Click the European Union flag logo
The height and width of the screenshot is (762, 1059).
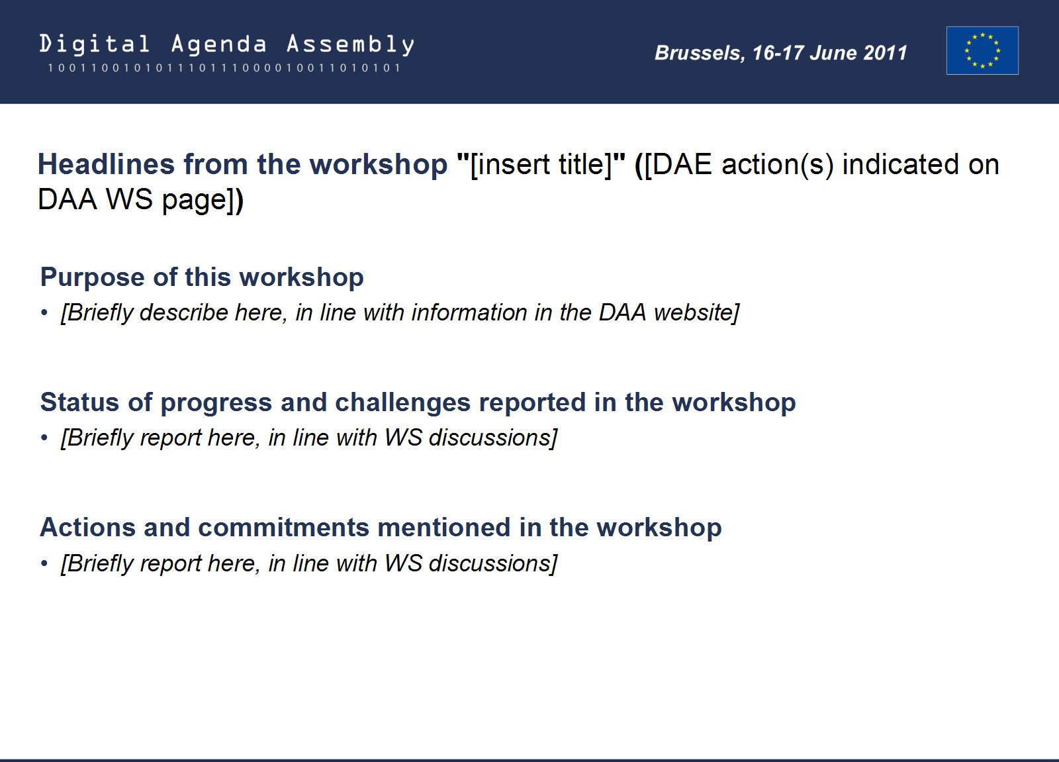click(982, 50)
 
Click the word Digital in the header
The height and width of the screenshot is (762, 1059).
click(95, 44)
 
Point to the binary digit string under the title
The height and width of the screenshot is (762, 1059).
click(224, 68)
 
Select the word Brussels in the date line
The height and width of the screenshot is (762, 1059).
click(700, 53)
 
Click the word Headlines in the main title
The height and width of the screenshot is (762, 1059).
click(106, 164)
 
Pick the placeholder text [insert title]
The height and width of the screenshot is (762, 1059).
click(541, 165)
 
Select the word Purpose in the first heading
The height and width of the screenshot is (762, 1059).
click(93, 277)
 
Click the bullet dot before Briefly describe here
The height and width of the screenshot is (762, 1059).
click(44, 312)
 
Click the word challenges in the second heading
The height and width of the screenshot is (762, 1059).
click(403, 403)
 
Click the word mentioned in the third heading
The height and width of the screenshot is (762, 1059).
click(444, 528)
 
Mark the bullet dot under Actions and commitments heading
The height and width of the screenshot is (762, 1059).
click(44, 563)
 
